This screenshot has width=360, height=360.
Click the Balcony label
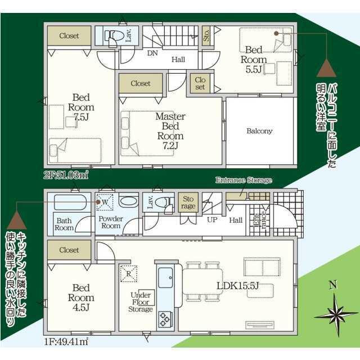pyautogui.click(x=259, y=131)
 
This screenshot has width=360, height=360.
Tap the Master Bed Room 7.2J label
pyautogui.click(x=170, y=131)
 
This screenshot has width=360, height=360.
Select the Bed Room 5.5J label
pyautogui.click(x=254, y=60)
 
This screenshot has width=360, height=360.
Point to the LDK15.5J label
pyautogui.click(x=237, y=286)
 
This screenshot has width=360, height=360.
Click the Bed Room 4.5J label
pyautogui.click(x=81, y=298)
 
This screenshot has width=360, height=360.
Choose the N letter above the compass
pyautogui.click(x=333, y=285)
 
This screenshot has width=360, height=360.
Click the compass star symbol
pyautogui.click(x=336, y=316)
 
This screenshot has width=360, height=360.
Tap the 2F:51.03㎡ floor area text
pyautogui.click(x=66, y=175)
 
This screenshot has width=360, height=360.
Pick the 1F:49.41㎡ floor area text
pyautogui.click(x=66, y=342)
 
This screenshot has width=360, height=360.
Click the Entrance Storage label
pyautogui.click(x=244, y=180)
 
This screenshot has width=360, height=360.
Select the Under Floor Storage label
pyautogui.click(x=141, y=302)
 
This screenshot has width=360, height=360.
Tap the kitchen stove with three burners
pyautogui.click(x=165, y=319)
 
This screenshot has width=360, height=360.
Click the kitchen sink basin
pyautogui.click(x=165, y=277)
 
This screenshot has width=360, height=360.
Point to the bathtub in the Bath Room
pyautogui.click(x=70, y=202)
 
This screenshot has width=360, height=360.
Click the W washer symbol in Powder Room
pyautogui.click(x=105, y=202)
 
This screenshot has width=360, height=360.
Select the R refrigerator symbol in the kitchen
pyautogui.click(x=129, y=274)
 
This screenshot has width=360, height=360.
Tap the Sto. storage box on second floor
pyautogui.click(x=206, y=35)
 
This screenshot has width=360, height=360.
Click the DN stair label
pyautogui.click(x=152, y=53)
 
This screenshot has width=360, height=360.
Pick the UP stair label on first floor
pyautogui.click(x=212, y=220)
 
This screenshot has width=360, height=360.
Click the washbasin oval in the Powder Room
pyautogui.click(x=129, y=202)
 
